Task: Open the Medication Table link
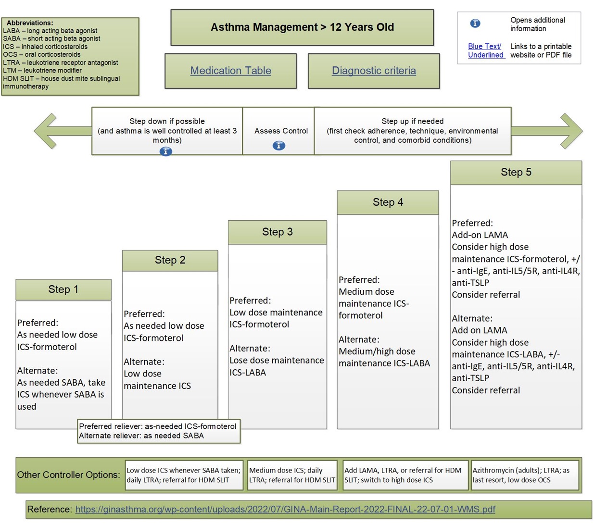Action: (x=230, y=71)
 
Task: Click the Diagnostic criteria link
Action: (x=374, y=71)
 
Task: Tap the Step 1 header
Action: (x=63, y=289)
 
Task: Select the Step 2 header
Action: (x=170, y=260)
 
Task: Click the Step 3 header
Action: (x=278, y=232)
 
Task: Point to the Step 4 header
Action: (x=388, y=202)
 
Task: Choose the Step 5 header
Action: (x=516, y=173)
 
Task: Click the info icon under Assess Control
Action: (x=279, y=145)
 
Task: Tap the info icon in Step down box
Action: (x=165, y=151)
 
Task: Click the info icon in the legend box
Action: (x=475, y=23)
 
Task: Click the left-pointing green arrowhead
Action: (x=45, y=131)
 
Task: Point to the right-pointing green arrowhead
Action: (x=571, y=131)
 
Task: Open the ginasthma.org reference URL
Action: (x=285, y=509)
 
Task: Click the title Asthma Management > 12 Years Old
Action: (x=302, y=27)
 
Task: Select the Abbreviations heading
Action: (x=30, y=23)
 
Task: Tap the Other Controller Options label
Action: (x=69, y=475)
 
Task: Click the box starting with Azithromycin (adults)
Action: (x=525, y=475)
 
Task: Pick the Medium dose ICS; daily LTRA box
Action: (x=292, y=475)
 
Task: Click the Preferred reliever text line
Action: (x=157, y=426)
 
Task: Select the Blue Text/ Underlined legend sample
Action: (x=486, y=50)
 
